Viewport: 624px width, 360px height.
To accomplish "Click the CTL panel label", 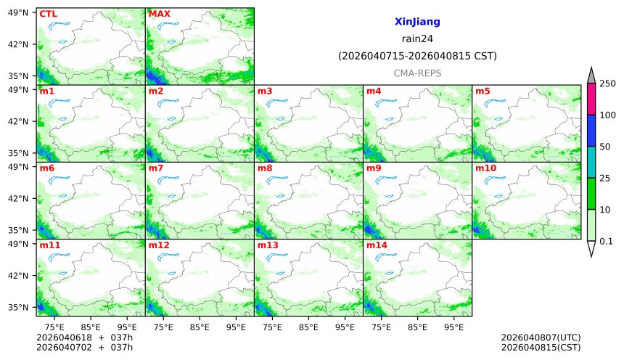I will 48,14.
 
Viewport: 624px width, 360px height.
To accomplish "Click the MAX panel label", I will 159,14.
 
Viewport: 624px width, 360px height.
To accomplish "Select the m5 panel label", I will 483,91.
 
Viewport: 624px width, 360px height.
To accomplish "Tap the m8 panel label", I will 265,168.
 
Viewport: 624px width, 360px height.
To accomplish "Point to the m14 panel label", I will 376,245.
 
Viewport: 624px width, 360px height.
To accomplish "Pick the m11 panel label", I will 49,245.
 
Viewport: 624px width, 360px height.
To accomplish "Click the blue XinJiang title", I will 417,22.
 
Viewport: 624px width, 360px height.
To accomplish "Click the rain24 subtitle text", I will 417,39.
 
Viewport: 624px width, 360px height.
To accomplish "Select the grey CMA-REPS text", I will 417,73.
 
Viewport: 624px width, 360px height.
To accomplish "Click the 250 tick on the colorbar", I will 607,83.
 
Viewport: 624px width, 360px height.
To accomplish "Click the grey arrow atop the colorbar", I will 591,75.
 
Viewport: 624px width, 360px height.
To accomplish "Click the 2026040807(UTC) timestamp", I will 541,337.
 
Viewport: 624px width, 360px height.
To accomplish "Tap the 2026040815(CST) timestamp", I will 541,347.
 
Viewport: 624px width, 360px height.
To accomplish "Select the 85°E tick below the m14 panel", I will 417,327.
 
